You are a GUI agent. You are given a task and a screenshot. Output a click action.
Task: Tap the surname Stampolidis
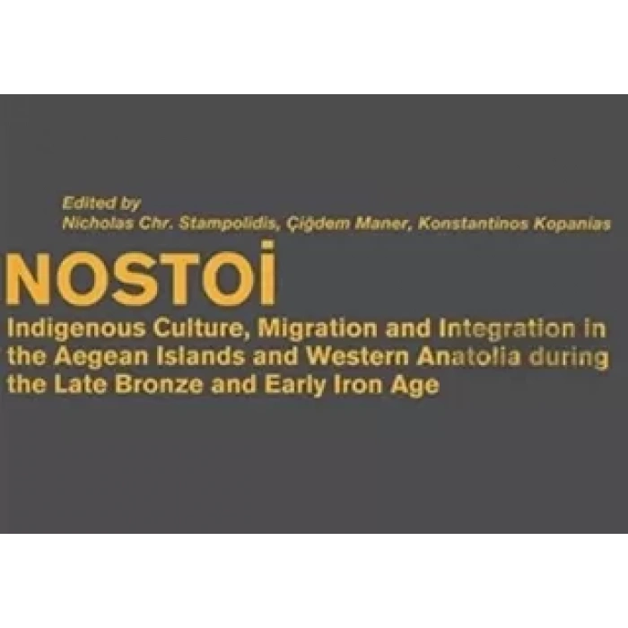(223, 225)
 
